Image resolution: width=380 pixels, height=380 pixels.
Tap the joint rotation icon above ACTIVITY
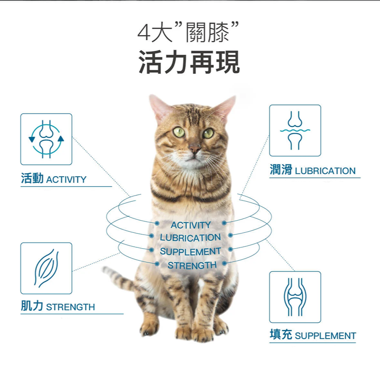coord(46,139)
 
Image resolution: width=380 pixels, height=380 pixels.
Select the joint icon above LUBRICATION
coord(295,130)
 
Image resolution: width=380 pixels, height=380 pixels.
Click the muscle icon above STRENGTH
coord(46,268)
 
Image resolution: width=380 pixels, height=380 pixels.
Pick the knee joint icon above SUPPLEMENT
coord(295,297)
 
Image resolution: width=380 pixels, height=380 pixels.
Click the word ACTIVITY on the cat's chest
coord(190,225)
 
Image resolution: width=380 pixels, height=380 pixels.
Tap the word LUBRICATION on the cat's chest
coord(190,238)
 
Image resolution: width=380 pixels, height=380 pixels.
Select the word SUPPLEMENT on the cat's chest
coord(190,252)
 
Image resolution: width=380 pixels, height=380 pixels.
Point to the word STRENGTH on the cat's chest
coord(192,265)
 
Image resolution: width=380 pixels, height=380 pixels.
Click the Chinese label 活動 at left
coord(32,179)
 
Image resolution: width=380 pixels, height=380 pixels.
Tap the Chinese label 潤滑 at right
coord(281,170)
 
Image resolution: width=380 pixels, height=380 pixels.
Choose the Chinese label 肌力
coord(32,306)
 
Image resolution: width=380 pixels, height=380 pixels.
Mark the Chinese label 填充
coord(281,335)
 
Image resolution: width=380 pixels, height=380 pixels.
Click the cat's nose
coord(195,149)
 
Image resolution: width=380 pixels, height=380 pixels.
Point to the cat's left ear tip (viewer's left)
coord(152,98)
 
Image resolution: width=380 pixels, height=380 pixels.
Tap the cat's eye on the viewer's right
coord(208,133)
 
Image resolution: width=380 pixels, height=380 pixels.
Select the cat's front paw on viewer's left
coord(149,325)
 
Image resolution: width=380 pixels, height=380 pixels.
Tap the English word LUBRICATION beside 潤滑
coord(325,171)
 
